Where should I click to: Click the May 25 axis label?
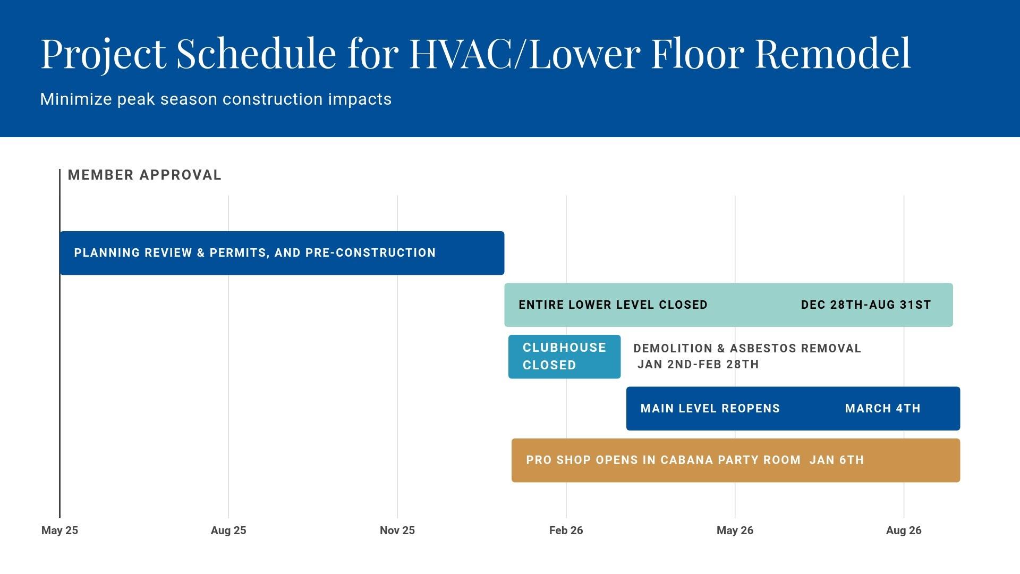click(x=59, y=530)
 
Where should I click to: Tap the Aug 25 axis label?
click(x=228, y=530)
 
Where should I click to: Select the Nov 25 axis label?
click(x=397, y=530)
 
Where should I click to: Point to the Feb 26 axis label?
click(x=566, y=530)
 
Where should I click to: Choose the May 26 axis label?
click(x=735, y=530)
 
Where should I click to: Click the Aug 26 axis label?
click(x=904, y=530)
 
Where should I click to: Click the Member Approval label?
click(x=144, y=175)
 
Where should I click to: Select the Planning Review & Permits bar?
click(x=282, y=253)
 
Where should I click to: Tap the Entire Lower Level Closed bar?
click(x=728, y=305)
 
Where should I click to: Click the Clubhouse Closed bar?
click(x=564, y=357)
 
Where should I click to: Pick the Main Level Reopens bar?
click(x=793, y=409)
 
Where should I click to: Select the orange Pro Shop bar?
click(x=736, y=460)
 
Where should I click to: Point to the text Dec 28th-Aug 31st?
click(x=866, y=305)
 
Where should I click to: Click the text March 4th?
click(x=883, y=409)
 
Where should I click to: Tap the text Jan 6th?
click(x=837, y=460)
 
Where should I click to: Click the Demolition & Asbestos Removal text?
click(x=747, y=349)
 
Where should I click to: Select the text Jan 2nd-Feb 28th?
click(x=698, y=365)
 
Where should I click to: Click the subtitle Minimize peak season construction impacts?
click(x=216, y=99)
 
